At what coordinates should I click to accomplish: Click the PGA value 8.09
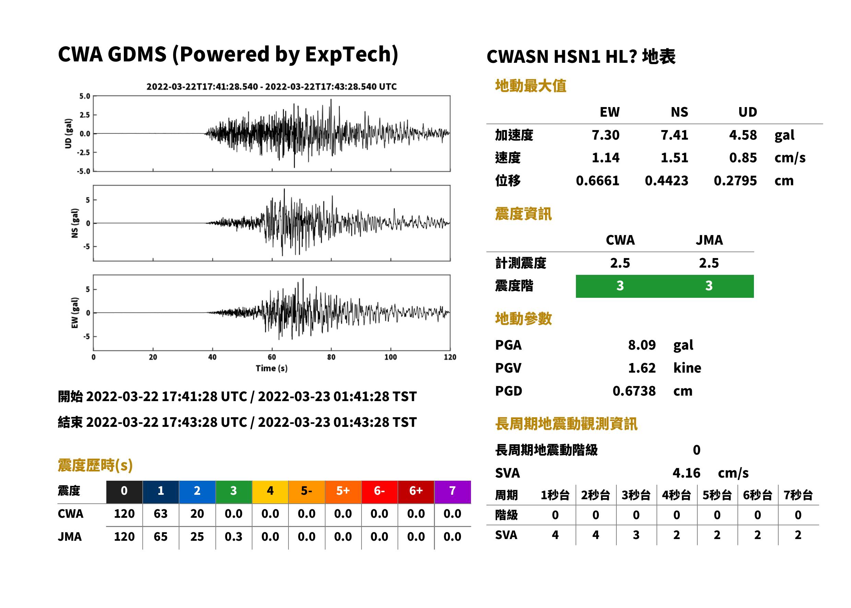click(x=642, y=345)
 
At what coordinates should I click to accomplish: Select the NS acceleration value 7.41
click(x=674, y=135)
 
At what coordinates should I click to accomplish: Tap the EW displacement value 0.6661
click(x=598, y=181)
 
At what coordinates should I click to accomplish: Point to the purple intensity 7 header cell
click(x=452, y=492)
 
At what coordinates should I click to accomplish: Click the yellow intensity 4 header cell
click(x=270, y=492)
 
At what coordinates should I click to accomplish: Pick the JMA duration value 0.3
click(x=234, y=537)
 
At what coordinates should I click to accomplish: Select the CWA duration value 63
click(x=161, y=514)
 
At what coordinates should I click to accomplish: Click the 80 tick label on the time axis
click(x=331, y=357)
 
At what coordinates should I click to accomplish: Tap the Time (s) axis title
click(x=272, y=369)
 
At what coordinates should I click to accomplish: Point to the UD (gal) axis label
click(x=68, y=134)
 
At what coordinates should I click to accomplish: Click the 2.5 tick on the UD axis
click(x=85, y=115)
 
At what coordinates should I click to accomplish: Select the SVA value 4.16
click(x=686, y=473)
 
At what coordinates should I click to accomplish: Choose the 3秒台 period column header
click(x=636, y=495)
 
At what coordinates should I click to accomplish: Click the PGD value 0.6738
click(x=634, y=391)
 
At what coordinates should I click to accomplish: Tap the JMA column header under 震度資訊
click(x=709, y=240)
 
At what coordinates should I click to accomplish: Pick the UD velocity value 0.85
click(x=743, y=158)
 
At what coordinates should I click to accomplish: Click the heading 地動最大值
click(x=531, y=86)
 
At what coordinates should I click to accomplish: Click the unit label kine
click(x=687, y=368)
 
